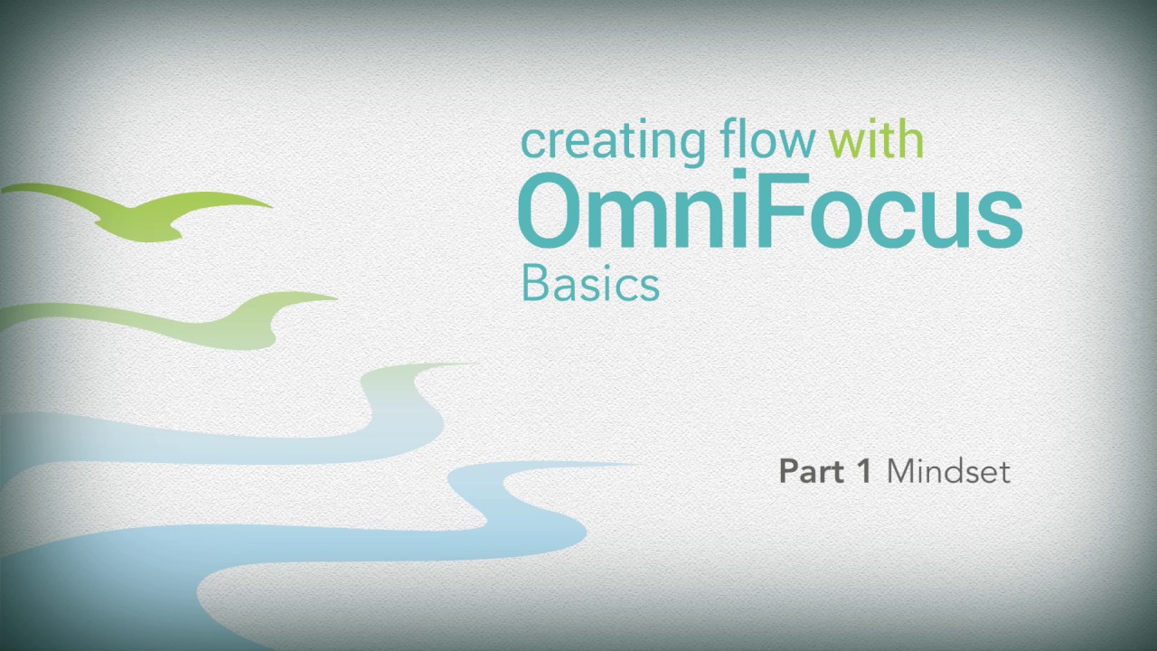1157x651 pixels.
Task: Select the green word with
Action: click(x=875, y=141)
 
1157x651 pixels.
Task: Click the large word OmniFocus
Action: click(x=769, y=212)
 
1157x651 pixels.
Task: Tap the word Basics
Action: click(x=590, y=284)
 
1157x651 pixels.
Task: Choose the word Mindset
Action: click(x=948, y=471)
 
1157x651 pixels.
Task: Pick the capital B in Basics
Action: click(x=535, y=284)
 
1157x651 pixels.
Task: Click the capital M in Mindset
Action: click(x=902, y=471)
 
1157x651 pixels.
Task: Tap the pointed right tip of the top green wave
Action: click(x=268, y=206)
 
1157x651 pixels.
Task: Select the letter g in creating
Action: click(x=691, y=146)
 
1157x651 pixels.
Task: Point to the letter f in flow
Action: click(x=729, y=139)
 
